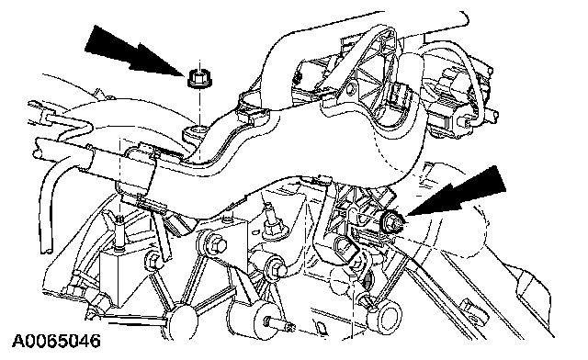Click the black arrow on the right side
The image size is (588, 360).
(461, 195)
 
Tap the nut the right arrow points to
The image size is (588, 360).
(392, 222)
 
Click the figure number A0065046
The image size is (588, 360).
(56, 341)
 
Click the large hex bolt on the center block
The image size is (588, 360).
(212, 244)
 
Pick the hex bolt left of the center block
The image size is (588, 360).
(154, 260)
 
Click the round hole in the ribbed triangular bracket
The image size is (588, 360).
(352, 89)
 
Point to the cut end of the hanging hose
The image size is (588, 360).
(46, 250)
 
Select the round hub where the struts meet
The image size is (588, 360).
(183, 321)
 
